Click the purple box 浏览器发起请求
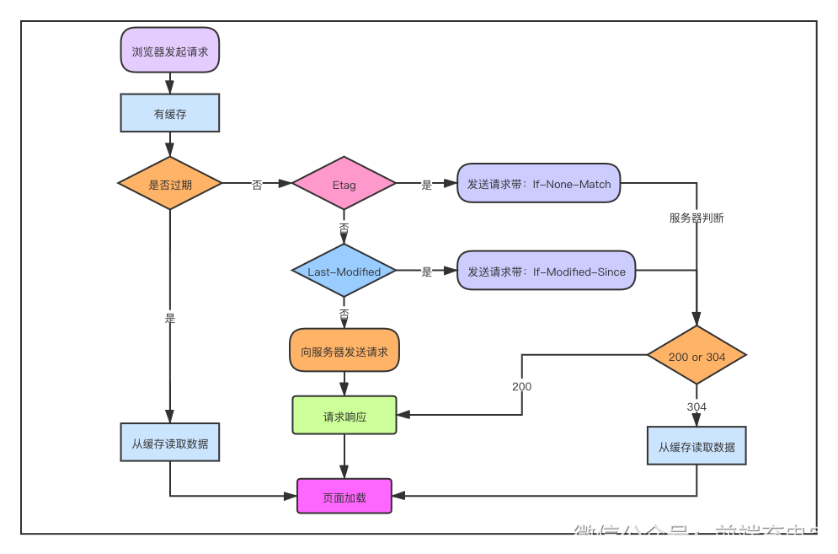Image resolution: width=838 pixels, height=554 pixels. click(170, 50)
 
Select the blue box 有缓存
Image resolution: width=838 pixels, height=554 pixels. click(170, 113)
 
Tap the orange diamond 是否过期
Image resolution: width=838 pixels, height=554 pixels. click(170, 184)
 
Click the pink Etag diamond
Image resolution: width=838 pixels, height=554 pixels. click(344, 184)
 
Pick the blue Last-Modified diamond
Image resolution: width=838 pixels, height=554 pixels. click(344, 272)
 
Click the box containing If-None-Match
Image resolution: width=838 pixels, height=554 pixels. click(539, 183)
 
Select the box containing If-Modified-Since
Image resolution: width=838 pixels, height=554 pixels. click(547, 271)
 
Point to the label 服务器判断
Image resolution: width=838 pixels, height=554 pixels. click(697, 218)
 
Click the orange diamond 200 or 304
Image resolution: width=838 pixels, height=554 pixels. click(697, 356)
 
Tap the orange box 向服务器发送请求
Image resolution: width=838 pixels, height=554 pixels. click(344, 351)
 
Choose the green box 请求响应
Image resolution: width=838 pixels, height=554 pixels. click(344, 416)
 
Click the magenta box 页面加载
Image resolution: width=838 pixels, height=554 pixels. click(344, 497)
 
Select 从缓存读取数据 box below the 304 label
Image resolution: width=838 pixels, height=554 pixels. click(697, 446)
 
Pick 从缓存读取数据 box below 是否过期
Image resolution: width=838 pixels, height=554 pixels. click(170, 443)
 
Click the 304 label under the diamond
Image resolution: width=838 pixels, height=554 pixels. click(697, 406)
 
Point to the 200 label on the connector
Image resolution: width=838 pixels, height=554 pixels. click(521, 386)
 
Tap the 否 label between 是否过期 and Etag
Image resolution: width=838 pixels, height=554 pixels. click(257, 185)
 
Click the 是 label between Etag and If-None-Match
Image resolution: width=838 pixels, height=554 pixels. click(426, 185)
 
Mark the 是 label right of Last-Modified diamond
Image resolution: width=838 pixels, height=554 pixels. click(426, 272)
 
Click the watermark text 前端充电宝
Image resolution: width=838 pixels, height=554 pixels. click(771, 535)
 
